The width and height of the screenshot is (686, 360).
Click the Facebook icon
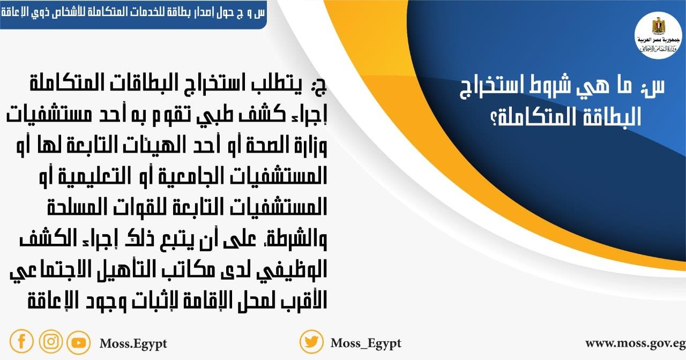pyautogui.click(x=21, y=341)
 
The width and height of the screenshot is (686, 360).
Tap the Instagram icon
pyautogui.click(x=51, y=341)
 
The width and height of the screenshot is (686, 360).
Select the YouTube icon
pyautogui.click(x=79, y=342)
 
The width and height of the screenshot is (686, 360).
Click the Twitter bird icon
pyautogui.click(x=311, y=342)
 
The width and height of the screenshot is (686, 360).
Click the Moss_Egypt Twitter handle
pyautogui.click(x=366, y=343)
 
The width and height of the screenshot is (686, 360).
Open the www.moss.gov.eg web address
pyautogui.click(x=635, y=343)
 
